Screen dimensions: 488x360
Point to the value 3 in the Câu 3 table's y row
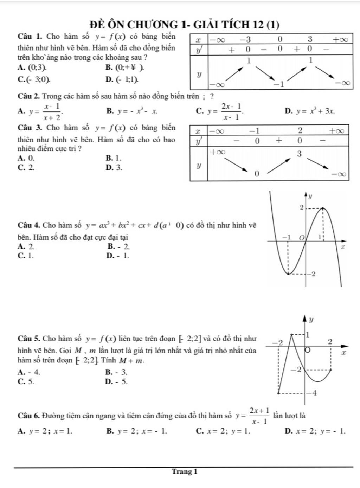299,154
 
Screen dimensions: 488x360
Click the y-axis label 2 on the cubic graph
301,207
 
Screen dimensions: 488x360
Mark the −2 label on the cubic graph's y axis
311,274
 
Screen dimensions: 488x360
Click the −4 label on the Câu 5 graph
312,393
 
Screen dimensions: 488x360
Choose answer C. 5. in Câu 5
26,381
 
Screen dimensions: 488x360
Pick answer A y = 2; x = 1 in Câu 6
45,431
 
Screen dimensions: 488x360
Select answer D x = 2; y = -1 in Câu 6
315,431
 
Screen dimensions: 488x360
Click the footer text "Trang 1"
185,471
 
